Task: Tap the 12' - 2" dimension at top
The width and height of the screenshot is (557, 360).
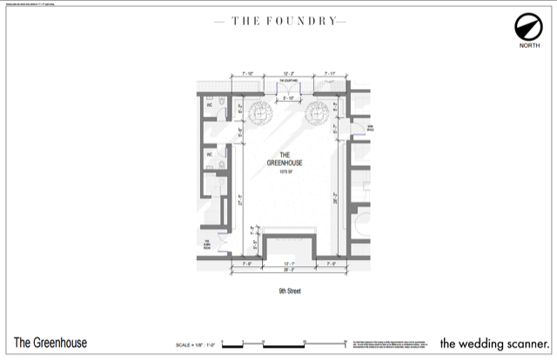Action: point(288,74)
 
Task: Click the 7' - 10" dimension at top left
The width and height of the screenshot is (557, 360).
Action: point(246,74)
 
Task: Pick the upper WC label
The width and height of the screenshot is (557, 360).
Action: point(209,105)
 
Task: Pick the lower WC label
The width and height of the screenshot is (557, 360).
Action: point(209,155)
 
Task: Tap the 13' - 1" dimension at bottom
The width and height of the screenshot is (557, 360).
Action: point(288,263)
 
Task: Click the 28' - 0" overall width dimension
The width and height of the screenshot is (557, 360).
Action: point(288,270)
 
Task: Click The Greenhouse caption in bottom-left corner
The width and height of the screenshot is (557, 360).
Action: point(50,343)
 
